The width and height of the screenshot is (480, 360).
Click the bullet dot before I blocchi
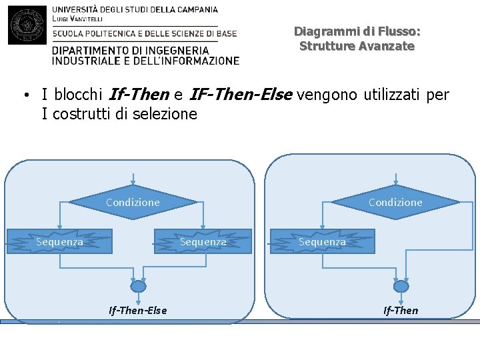(24, 95)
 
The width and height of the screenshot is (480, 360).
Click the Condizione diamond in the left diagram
(133, 201)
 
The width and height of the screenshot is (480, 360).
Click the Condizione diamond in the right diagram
(395, 201)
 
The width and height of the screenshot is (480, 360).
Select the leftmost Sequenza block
(59, 242)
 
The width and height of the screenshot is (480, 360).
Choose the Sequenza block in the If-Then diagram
(322, 242)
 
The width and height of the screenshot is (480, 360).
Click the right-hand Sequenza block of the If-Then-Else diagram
(203, 242)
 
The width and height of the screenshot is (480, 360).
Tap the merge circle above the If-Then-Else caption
(138, 286)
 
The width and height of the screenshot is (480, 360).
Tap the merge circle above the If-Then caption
(401, 286)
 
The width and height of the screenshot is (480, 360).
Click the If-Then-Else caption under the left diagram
(138, 310)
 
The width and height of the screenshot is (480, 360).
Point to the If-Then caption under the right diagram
(401, 310)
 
